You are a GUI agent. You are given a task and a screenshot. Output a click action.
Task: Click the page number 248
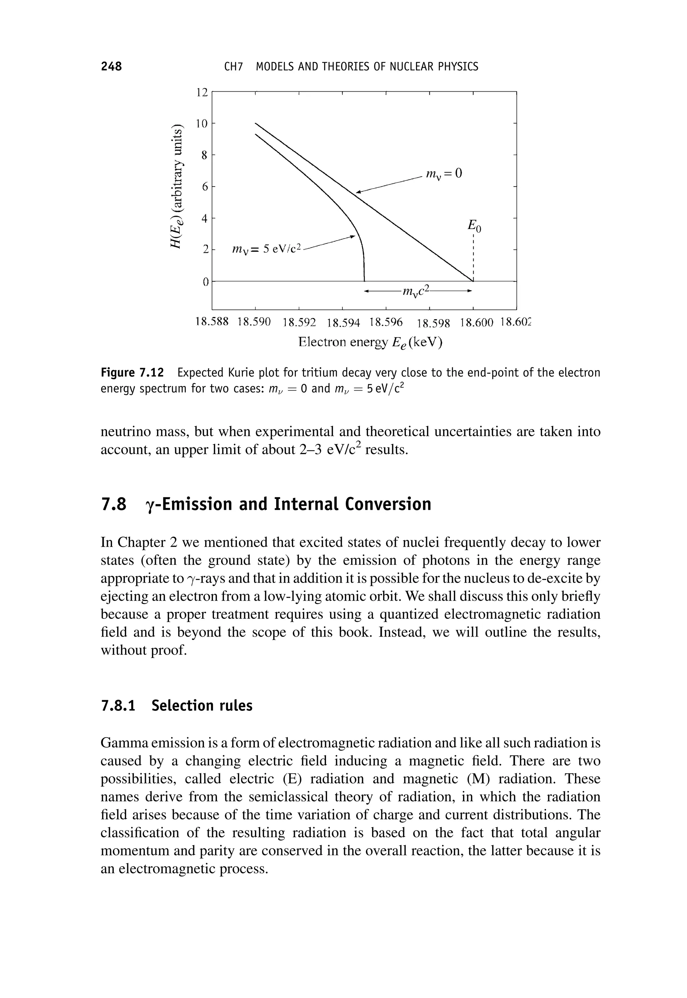111,66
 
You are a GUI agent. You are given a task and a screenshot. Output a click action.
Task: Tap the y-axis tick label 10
202,123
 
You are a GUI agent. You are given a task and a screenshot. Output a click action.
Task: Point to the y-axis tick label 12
202,92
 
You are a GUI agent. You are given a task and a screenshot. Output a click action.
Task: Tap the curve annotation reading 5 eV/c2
267,249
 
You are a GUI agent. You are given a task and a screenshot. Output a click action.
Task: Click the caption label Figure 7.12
132,372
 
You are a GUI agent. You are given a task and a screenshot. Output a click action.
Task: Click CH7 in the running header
234,67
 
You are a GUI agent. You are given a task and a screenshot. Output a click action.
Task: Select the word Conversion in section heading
388,504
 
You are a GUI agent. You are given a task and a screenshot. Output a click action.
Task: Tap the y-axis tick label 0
205,282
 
